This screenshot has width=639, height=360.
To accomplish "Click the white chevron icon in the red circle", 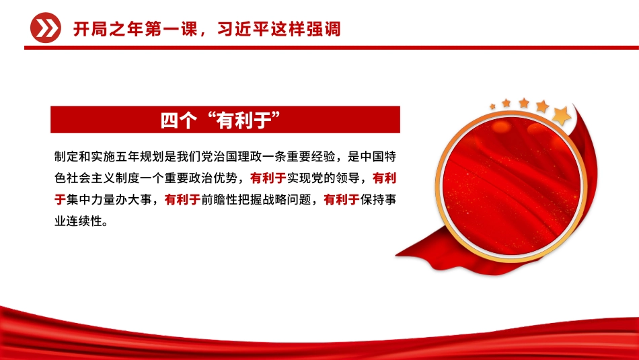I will (x=45, y=29).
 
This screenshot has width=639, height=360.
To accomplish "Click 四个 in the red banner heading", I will (x=178, y=120).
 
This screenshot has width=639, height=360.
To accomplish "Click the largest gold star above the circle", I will (x=561, y=116).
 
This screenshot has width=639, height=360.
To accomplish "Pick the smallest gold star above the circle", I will (x=492, y=106).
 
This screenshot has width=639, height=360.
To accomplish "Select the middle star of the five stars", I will (x=524, y=104).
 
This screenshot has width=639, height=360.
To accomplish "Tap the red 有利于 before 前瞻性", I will (x=182, y=199).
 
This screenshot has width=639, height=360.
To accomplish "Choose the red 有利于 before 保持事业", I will (x=341, y=199).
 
